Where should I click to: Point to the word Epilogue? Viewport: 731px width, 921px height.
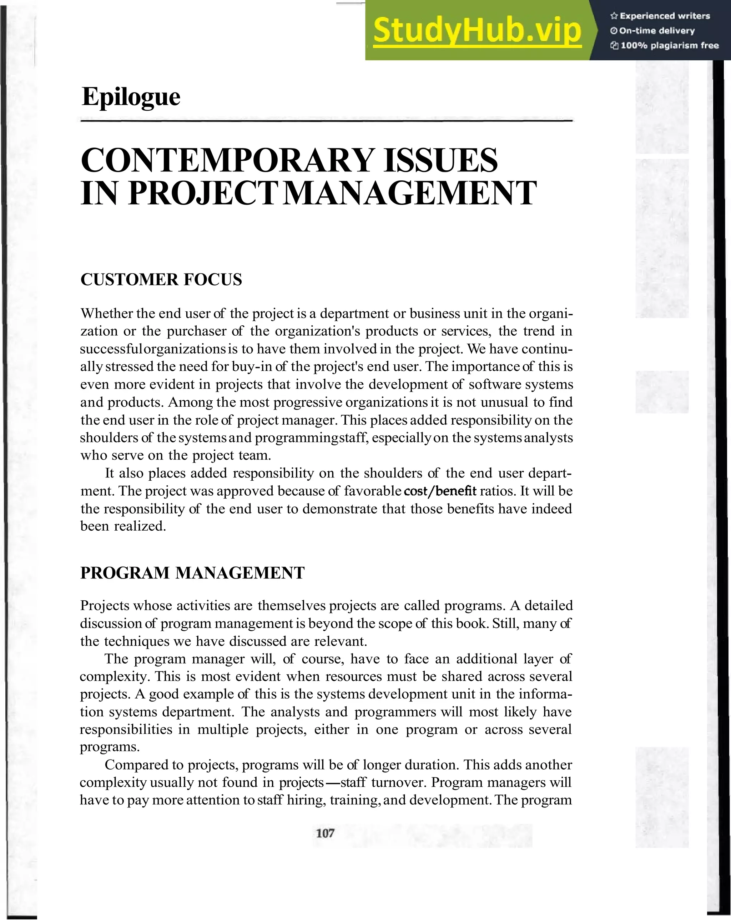click(x=131, y=97)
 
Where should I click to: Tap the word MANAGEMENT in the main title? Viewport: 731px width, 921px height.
click(x=408, y=194)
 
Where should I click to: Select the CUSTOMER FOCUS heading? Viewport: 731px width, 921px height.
click(x=161, y=280)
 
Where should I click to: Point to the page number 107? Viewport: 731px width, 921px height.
click(x=325, y=833)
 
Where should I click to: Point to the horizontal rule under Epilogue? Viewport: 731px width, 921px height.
click(x=326, y=121)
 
